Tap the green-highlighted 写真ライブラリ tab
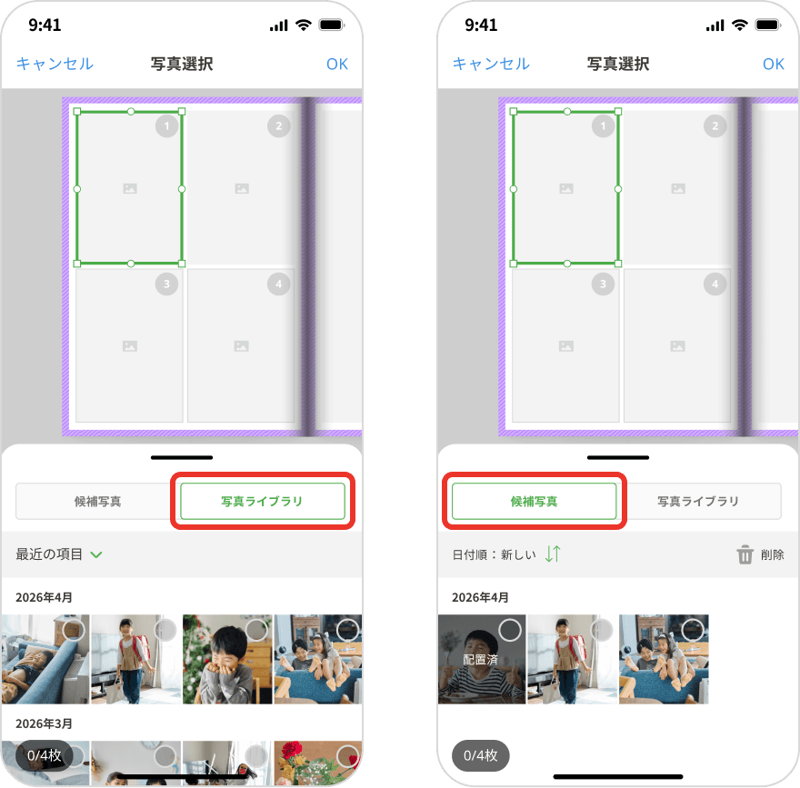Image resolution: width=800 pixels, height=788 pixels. pyautogui.click(x=262, y=501)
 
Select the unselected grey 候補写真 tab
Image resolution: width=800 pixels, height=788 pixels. pyautogui.click(x=97, y=501)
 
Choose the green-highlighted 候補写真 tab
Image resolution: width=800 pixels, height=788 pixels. pyautogui.click(x=534, y=501)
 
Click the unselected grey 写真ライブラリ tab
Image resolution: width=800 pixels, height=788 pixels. pyautogui.click(x=698, y=501)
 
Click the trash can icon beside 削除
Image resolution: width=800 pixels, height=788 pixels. pyautogui.click(x=745, y=554)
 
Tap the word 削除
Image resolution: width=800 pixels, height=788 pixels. pyautogui.click(x=772, y=554)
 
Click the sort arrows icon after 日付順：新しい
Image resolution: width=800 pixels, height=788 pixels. pyautogui.click(x=553, y=554)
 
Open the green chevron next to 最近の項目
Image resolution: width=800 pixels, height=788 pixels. pyautogui.click(x=96, y=554)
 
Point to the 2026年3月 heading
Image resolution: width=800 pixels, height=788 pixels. pyautogui.click(x=44, y=723)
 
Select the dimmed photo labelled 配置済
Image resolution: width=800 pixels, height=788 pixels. pyautogui.click(x=482, y=659)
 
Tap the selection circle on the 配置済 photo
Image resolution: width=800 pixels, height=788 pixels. pyautogui.click(x=510, y=630)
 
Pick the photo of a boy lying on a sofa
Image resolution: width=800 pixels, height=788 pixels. pyautogui.click(x=45, y=659)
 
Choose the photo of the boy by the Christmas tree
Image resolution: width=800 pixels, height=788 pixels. pyautogui.click(x=227, y=659)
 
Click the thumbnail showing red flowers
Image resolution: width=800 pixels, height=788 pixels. pyautogui.click(x=318, y=763)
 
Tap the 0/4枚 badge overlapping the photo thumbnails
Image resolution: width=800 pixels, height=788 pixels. pyautogui.click(x=45, y=755)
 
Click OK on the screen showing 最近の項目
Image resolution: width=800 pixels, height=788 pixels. pyautogui.click(x=336, y=64)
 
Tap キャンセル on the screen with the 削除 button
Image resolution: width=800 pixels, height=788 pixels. pyautogui.click(x=491, y=64)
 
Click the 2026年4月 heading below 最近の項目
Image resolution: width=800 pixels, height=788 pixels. pyautogui.click(x=44, y=597)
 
